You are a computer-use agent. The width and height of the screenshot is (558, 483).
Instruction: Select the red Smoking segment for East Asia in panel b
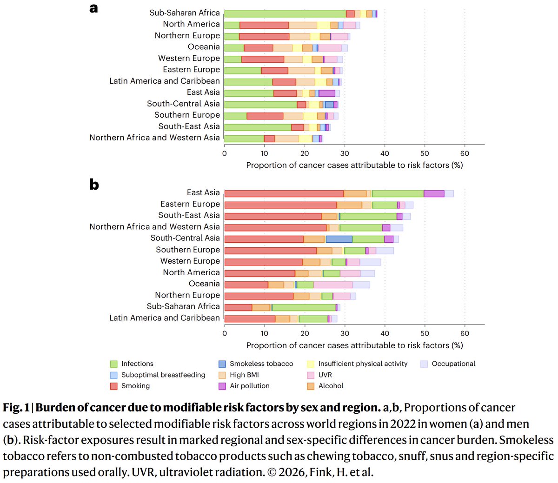click(x=284, y=194)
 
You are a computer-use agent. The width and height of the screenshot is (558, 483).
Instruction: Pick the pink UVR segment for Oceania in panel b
click(x=333, y=285)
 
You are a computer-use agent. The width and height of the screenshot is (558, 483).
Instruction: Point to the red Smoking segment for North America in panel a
click(x=264, y=25)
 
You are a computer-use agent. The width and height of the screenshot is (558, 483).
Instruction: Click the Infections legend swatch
click(x=113, y=364)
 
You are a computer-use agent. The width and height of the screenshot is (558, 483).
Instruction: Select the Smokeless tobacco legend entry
click(x=261, y=364)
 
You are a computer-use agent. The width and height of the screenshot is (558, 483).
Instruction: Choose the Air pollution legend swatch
click(x=222, y=386)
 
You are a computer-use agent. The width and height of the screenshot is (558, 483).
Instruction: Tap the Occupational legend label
click(x=453, y=364)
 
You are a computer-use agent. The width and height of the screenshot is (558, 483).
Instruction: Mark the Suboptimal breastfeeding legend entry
click(x=163, y=375)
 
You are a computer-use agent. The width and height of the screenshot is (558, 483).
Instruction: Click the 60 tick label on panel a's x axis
click(x=465, y=153)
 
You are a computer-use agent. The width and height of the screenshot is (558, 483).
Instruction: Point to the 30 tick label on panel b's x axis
click(x=345, y=333)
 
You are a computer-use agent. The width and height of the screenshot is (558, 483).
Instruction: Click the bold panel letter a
click(x=94, y=8)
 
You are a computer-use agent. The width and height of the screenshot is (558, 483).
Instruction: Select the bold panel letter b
click(x=94, y=185)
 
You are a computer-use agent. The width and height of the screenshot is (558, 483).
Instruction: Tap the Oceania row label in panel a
click(x=204, y=47)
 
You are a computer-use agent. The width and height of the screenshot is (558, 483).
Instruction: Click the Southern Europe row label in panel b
click(x=188, y=250)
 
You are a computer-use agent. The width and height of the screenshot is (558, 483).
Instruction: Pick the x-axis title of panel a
click(x=354, y=165)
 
